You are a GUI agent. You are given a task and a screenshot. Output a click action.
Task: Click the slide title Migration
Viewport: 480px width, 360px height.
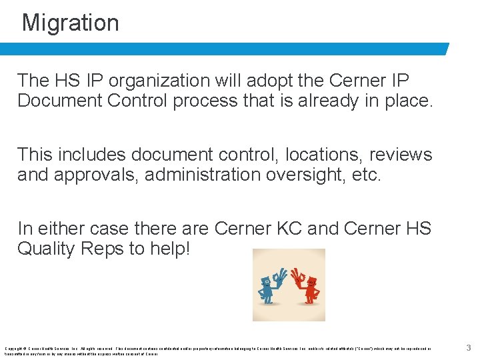pos(71,23)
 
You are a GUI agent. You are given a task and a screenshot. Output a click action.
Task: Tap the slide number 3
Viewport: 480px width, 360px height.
pos(469,347)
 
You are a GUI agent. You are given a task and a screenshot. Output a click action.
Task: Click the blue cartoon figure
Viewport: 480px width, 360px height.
pos(269,285)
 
